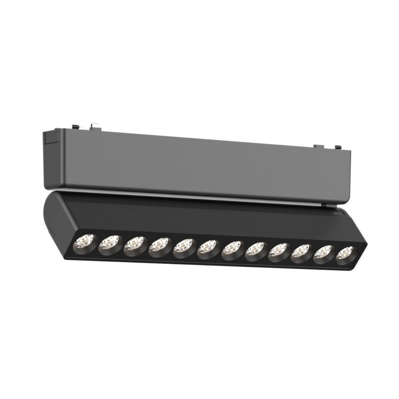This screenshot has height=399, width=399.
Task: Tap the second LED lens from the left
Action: (110, 243)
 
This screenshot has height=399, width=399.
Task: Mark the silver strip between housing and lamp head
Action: (199, 196)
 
